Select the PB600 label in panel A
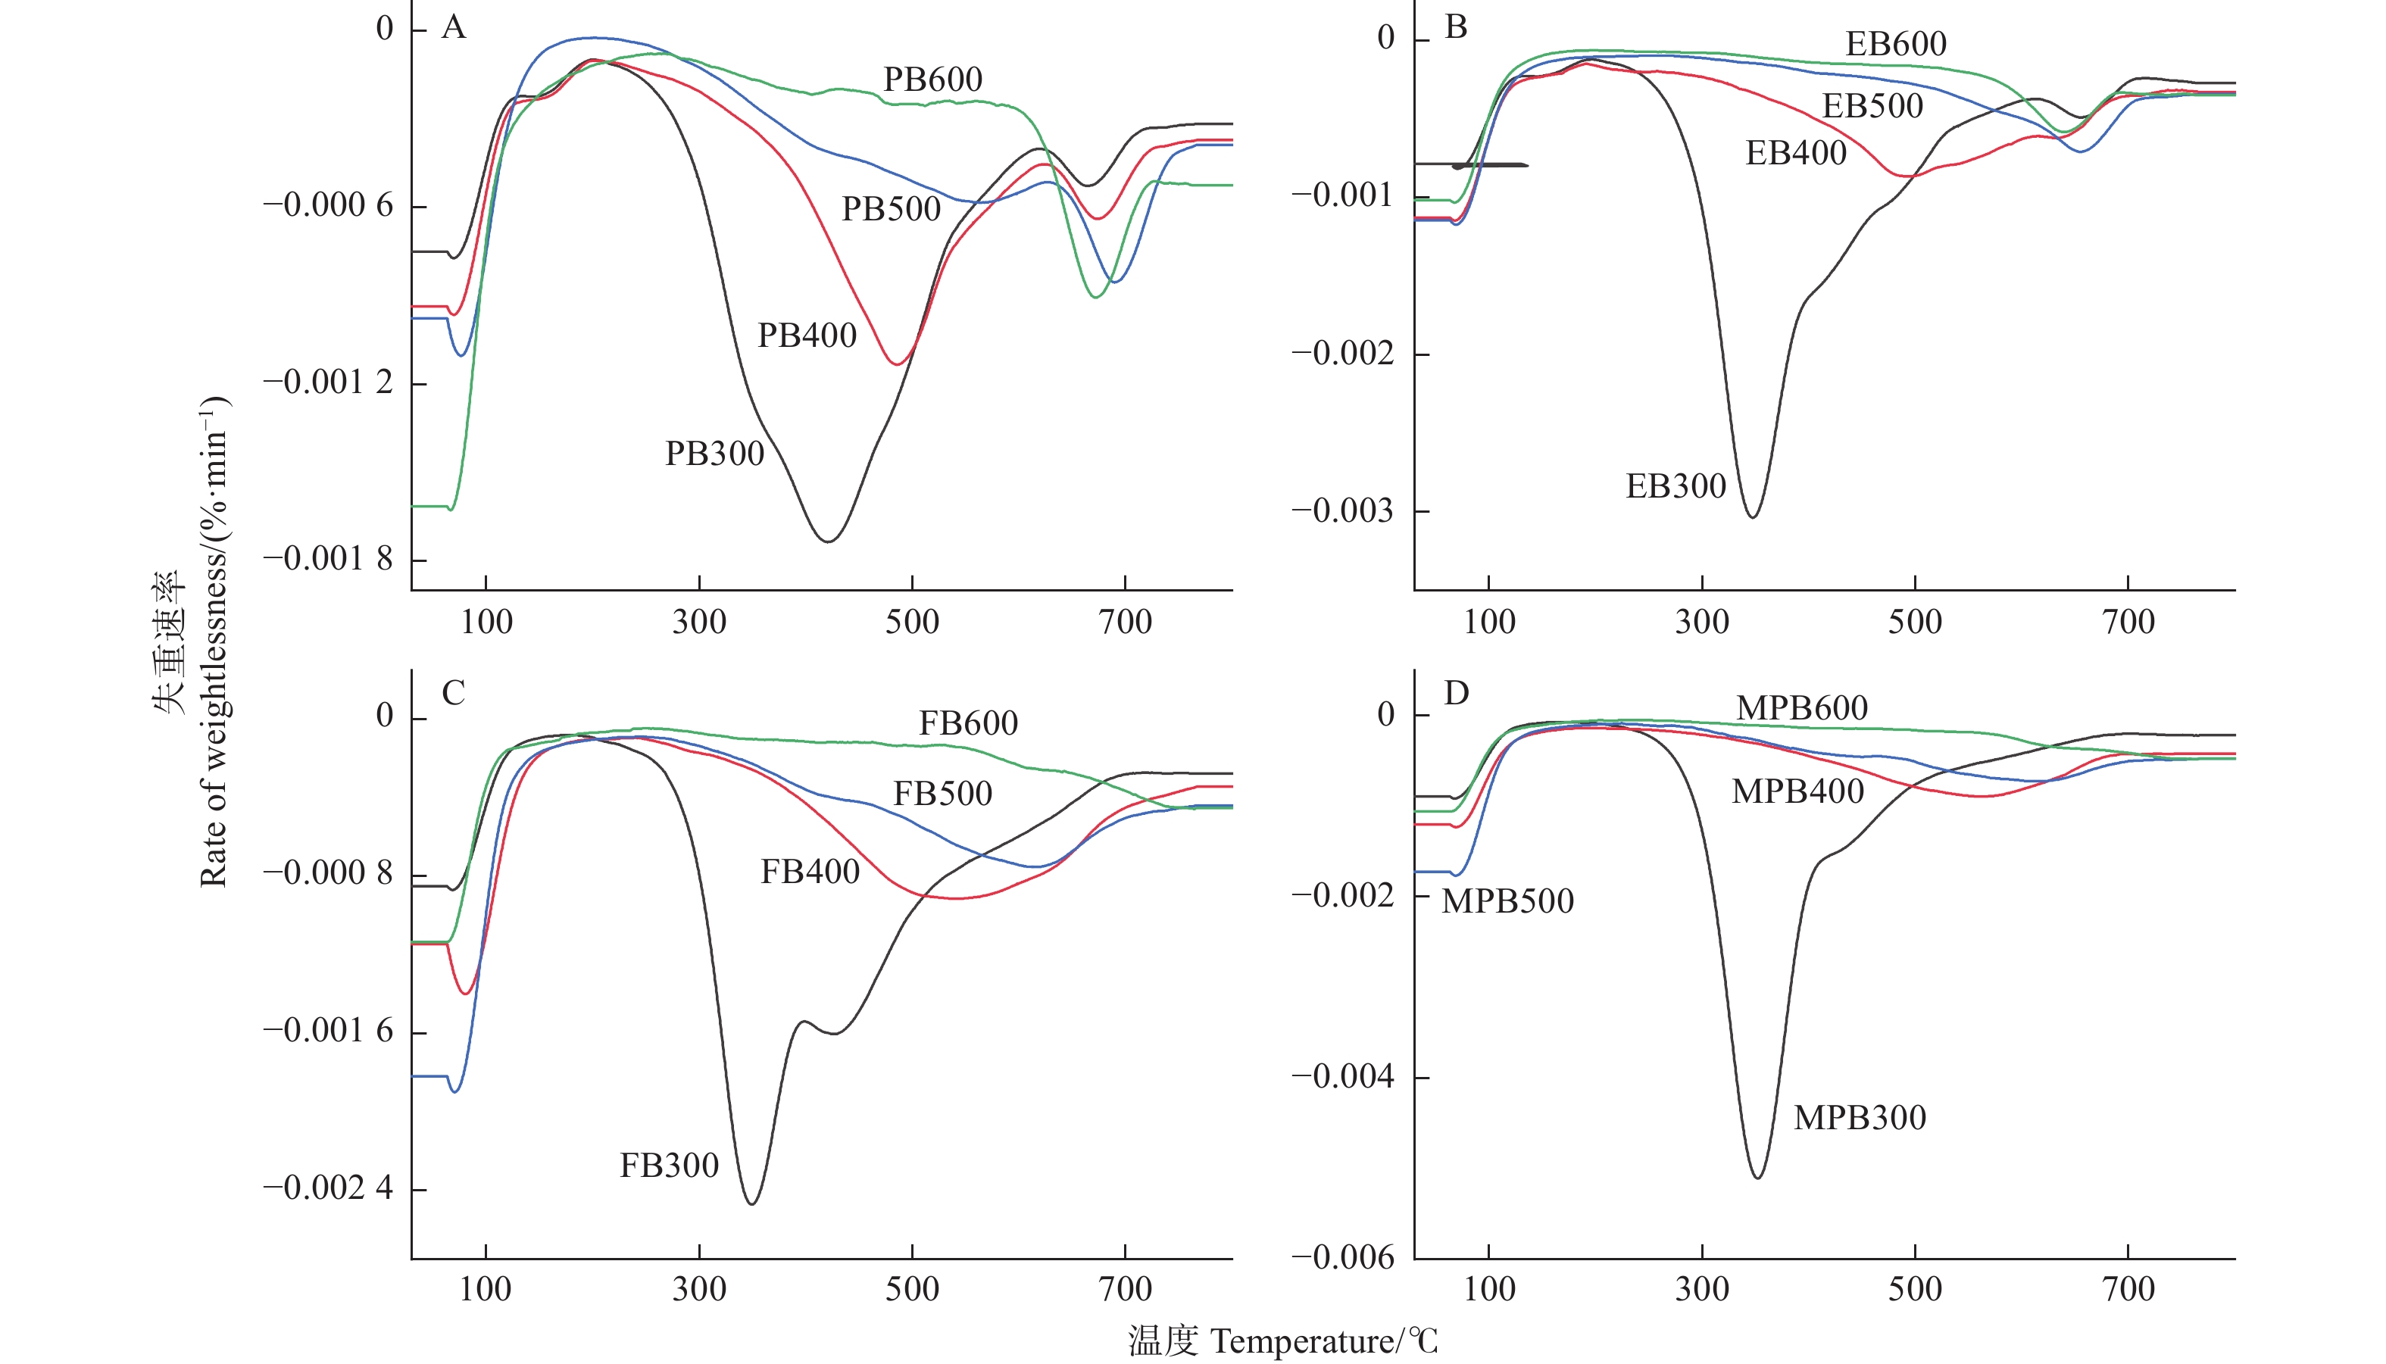click(932, 80)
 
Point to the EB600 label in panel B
click(1895, 44)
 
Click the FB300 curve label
click(669, 1166)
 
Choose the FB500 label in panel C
click(942, 794)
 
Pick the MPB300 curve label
click(1860, 1119)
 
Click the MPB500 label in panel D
click(1507, 902)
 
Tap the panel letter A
click(454, 28)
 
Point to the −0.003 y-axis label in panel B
click(1342, 511)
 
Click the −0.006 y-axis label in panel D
click(1342, 1258)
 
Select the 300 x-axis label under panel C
click(699, 1290)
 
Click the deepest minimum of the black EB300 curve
click(1752, 517)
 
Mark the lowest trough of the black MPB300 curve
click(1757, 1178)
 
